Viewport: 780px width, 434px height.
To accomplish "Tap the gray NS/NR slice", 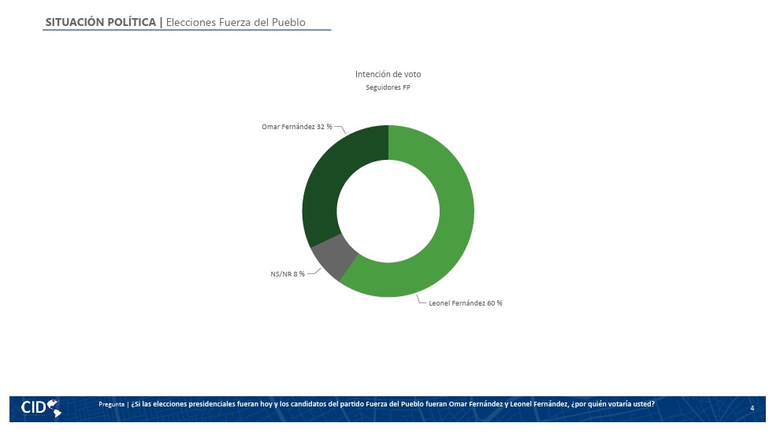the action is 332,257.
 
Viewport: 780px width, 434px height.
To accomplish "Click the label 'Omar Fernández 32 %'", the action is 296,127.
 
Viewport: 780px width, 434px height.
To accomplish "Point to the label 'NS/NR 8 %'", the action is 288,274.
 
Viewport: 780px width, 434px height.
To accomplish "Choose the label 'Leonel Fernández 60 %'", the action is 466,302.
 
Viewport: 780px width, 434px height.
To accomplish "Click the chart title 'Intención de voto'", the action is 388,74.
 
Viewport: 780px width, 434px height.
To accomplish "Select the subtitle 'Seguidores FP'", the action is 388,87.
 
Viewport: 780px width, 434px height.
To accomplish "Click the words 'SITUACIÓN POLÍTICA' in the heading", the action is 101,22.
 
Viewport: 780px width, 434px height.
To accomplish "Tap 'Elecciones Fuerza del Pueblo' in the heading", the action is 236,22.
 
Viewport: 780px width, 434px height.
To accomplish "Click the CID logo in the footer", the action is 41,408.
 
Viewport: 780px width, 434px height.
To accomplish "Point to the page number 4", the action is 752,408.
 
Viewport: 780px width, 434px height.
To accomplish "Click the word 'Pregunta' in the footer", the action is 111,404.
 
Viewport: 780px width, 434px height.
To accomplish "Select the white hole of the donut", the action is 388,211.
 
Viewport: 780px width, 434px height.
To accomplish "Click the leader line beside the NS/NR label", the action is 314,272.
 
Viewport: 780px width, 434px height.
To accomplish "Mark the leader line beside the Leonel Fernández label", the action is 422,300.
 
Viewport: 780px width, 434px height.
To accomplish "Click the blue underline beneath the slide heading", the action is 187,30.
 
